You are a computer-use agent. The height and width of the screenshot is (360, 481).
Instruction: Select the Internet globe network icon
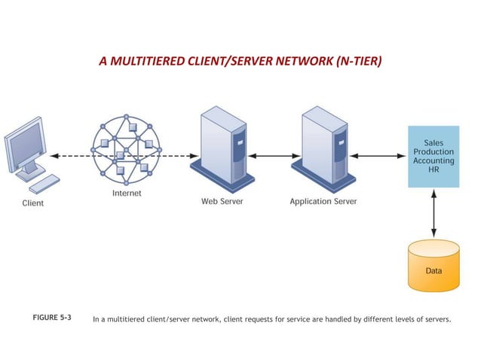(x=126, y=148)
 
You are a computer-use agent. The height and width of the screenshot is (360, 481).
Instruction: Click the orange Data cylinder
(x=433, y=267)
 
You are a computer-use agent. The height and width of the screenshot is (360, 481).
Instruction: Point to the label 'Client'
(x=32, y=203)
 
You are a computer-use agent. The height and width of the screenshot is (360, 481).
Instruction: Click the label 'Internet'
(x=126, y=194)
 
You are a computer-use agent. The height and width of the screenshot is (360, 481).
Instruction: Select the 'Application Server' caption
(x=323, y=202)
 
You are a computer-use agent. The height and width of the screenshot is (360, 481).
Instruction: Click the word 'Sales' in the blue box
(x=434, y=141)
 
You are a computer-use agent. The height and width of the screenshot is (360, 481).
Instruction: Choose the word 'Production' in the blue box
(x=434, y=151)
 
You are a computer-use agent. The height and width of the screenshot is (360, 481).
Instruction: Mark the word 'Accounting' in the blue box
(x=434, y=160)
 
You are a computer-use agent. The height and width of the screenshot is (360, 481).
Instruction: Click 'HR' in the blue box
(x=434, y=170)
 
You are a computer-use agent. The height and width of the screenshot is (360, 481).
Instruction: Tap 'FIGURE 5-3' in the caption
(x=52, y=319)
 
